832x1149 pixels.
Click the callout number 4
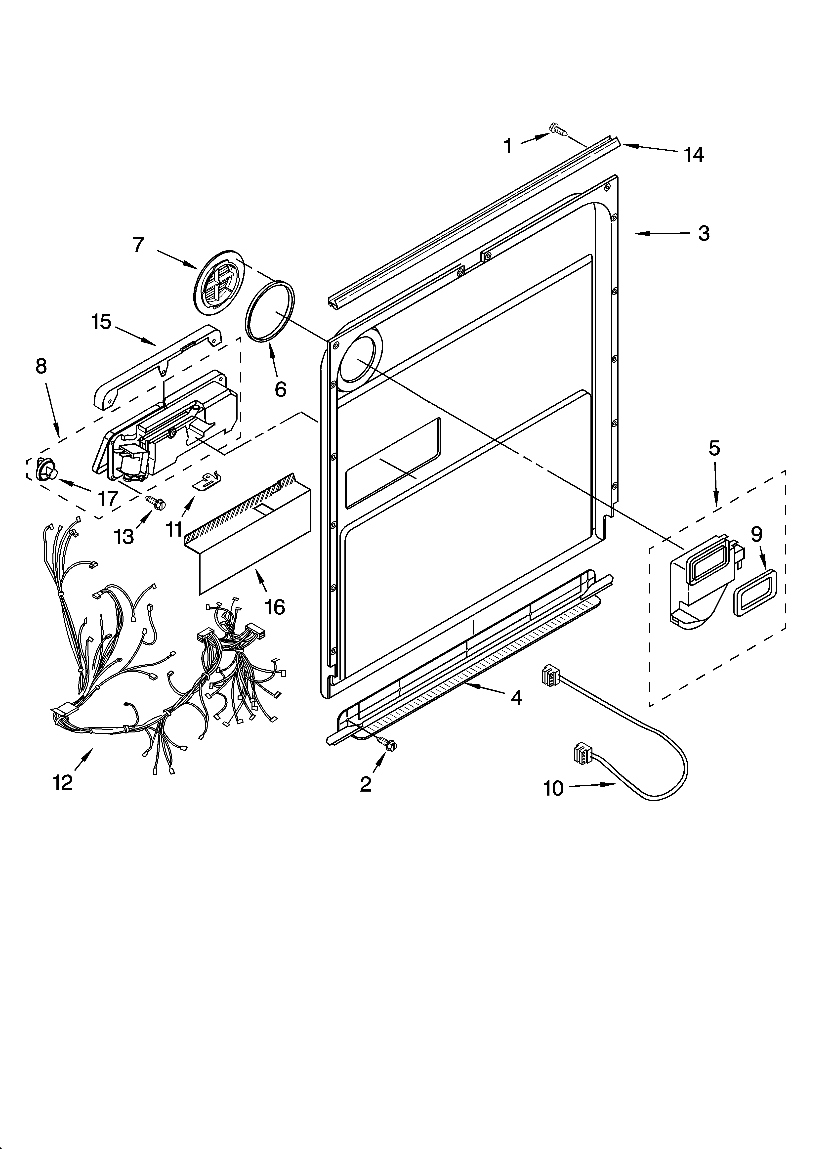516,698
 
